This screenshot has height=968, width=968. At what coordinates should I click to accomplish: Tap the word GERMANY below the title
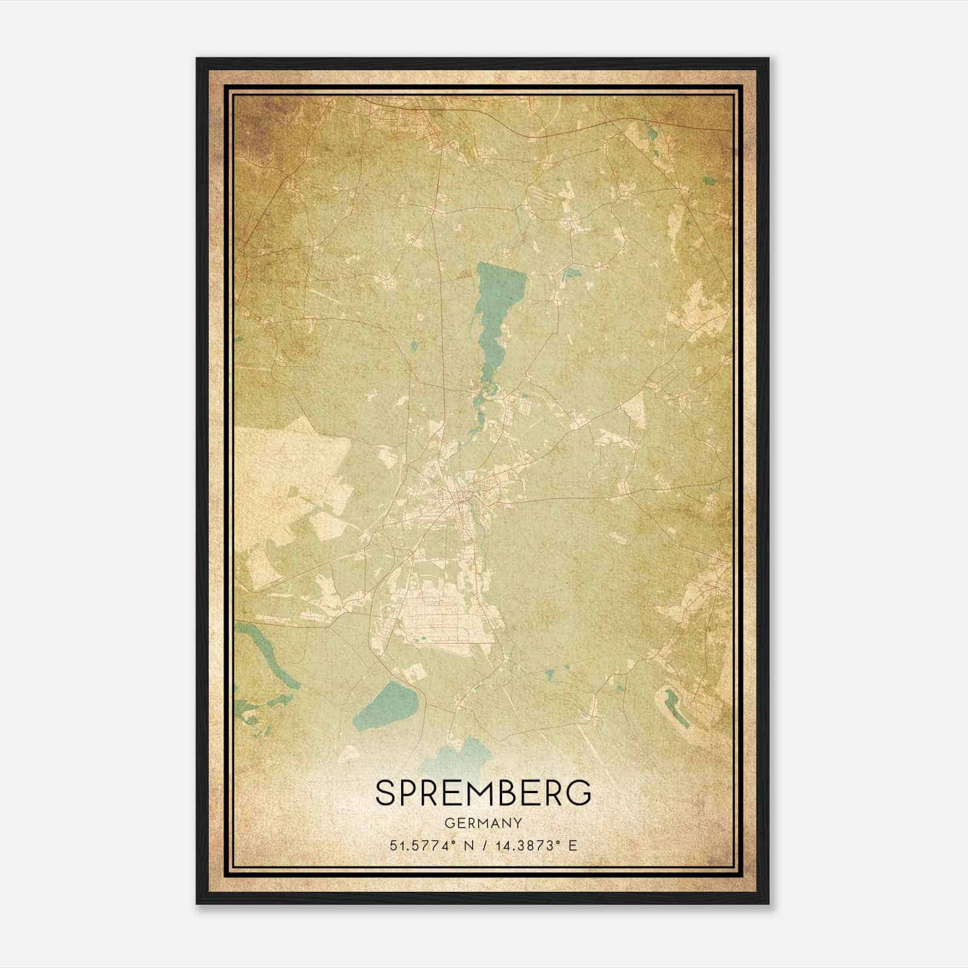483,823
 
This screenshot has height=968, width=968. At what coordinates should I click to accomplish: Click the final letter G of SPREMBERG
579,793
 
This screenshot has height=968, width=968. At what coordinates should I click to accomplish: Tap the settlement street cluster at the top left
387,115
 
